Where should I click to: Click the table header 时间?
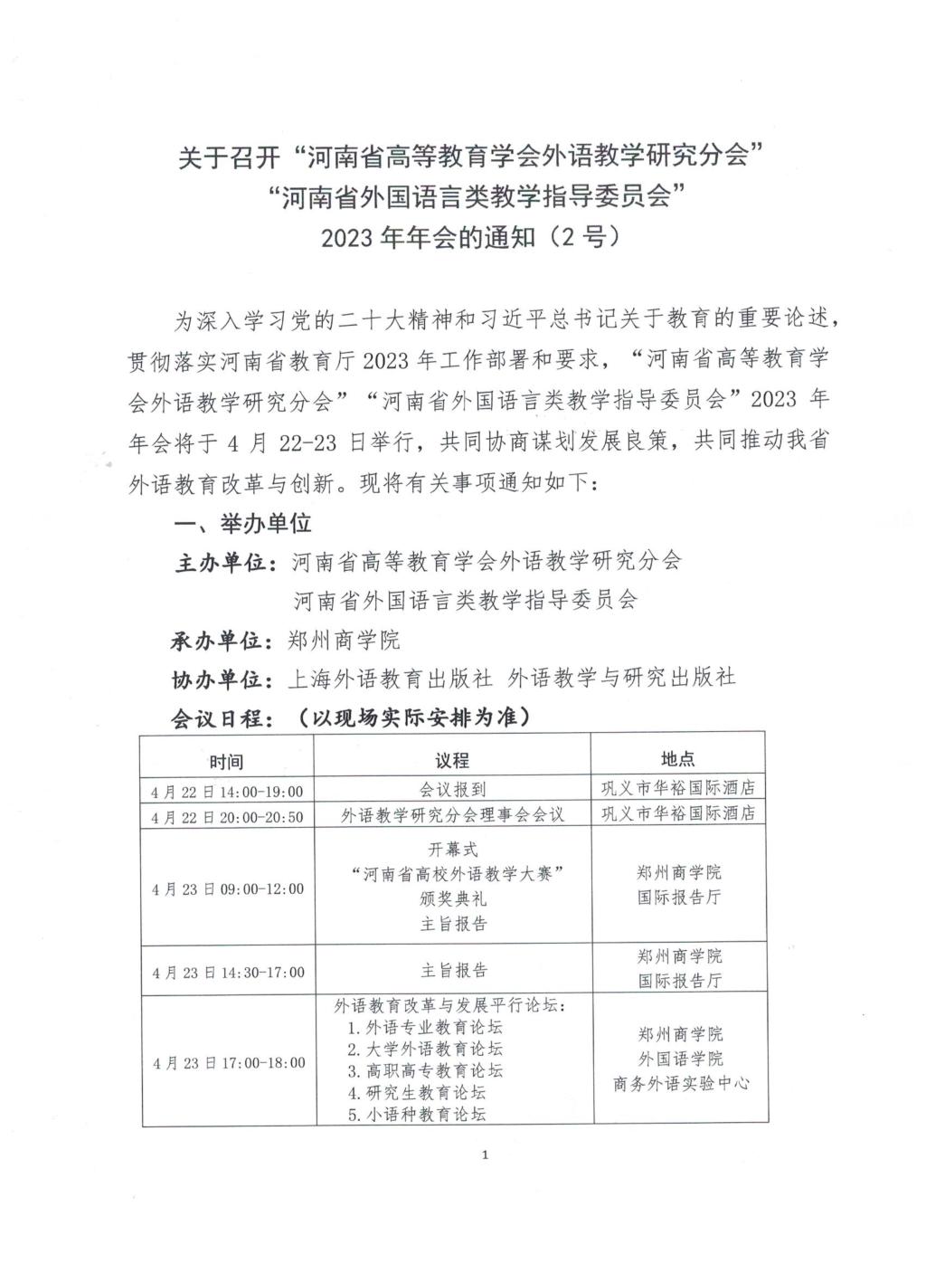[x=226, y=761]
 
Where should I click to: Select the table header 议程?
[x=452, y=761]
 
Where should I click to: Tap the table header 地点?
[x=678, y=760]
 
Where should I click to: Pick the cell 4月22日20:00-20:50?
[x=227, y=816]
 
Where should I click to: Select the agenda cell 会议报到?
[x=452, y=790]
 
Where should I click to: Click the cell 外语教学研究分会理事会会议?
[x=452, y=814]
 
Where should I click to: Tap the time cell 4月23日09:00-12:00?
[x=227, y=888]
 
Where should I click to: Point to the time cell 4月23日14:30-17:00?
[x=228, y=973]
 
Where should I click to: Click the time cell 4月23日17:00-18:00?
[x=228, y=1063]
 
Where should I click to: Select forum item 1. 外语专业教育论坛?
[x=425, y=1028]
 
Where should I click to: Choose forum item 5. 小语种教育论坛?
[x=417, y=1115]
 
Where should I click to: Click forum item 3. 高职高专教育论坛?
[x=425, y=1071]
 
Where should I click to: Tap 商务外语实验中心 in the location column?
[x=681, y=1084]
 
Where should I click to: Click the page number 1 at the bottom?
[x=487, y=1155]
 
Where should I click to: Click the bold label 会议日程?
[x=222, y=717]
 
